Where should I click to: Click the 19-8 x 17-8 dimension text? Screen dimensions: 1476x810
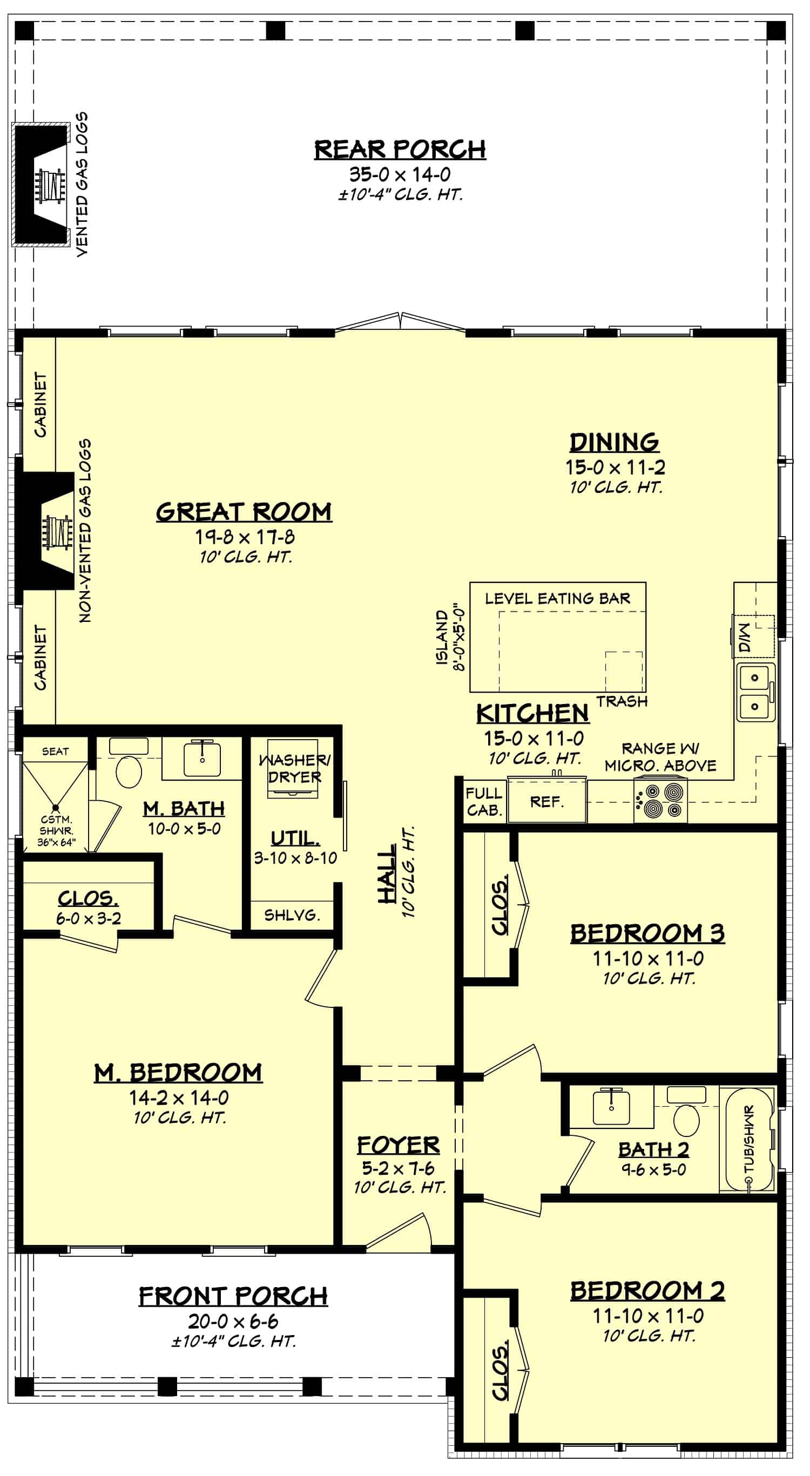[x=245, y=537]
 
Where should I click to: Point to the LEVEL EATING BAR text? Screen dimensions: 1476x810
[x=557, y=599]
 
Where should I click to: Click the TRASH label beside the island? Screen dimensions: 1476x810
[x=622, y=701]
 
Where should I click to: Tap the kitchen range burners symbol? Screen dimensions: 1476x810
[x=660, y=801]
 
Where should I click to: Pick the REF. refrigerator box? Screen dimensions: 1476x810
[x=547, y=802]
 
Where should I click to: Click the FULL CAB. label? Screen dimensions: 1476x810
[x=484, y=802]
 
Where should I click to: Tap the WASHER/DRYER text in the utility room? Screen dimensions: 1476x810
[x=295, y=768]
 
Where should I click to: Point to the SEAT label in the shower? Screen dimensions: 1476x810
[x=55, y=751]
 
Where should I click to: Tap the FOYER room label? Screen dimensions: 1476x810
[x=399, y=1145]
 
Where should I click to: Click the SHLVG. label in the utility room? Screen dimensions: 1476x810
[x=291, y=915]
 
